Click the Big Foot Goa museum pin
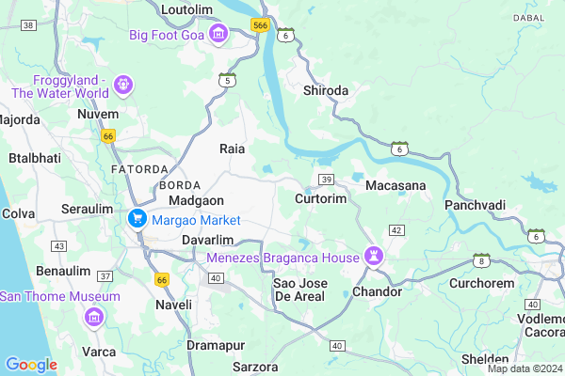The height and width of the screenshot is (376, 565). tap(218, 35)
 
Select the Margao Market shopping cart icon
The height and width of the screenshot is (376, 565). tap(137, 220)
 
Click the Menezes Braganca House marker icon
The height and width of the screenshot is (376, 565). tap(375, 257)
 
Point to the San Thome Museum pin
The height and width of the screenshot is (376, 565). tap(94, 317)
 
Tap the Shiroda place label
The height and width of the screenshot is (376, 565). tap(326, 91)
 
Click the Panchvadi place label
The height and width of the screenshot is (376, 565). tap(476, 205)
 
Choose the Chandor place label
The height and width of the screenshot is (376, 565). tap(377, 292)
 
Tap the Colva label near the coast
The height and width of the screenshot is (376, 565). tap(19, 213)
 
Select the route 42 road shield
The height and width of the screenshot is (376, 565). tap(396, 230)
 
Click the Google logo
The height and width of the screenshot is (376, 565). tap(31, 365)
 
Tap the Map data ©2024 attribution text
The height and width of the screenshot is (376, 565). tap(524, 368)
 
